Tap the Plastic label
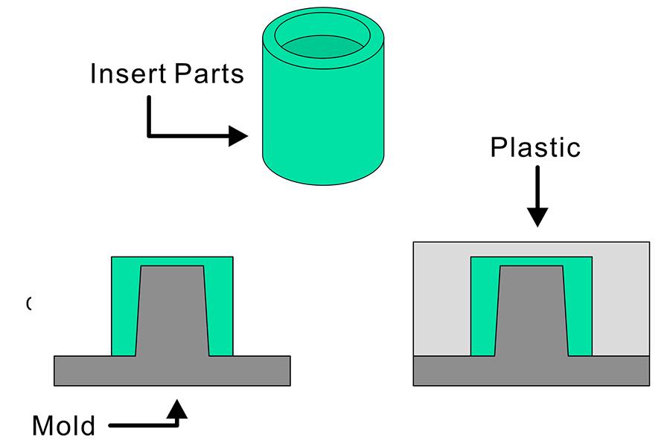(535, 147)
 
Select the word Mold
(63, 426)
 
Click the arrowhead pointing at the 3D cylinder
(238, 136)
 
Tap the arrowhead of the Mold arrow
(176, 408)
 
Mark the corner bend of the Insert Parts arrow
(150, 136)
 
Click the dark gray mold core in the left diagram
(172, 312)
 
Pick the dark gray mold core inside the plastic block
(531, 312)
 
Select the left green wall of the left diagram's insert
(124, 312)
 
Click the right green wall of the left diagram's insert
(220, 312)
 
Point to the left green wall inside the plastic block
(483, 312)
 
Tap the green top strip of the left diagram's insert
(172, 261)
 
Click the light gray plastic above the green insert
(531, 249)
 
